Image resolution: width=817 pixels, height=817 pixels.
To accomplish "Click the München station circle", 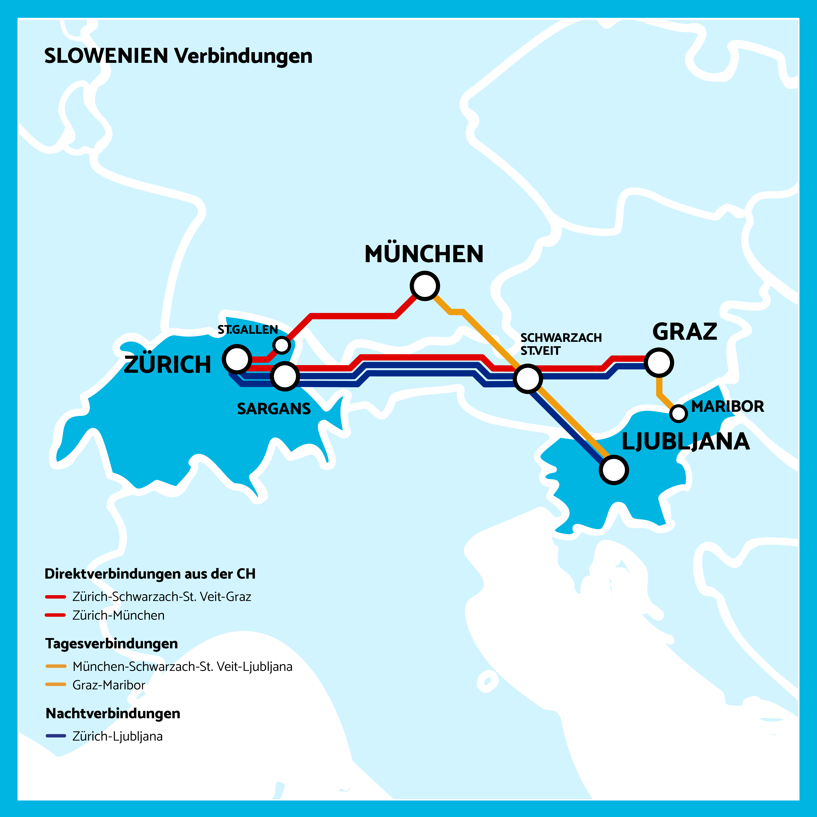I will pyautogui.click(x=425, y=286).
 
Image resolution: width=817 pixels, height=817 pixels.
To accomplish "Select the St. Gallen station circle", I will pyautogui.click(x=282, y=345).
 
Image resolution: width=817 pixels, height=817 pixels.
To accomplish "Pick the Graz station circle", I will pyautogui.click(x=659, y=362).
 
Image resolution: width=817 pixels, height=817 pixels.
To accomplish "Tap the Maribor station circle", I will pyautogui.click(x=678, y=413).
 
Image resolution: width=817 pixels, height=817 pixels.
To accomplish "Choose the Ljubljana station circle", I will pyautogui.click(x=614, y=470).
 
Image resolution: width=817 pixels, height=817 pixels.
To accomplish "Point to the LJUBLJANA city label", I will pyautogui.click(x=686, y=442).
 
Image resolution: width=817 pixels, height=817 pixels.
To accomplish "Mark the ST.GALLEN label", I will pyautogui.click(x=247, y=330).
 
